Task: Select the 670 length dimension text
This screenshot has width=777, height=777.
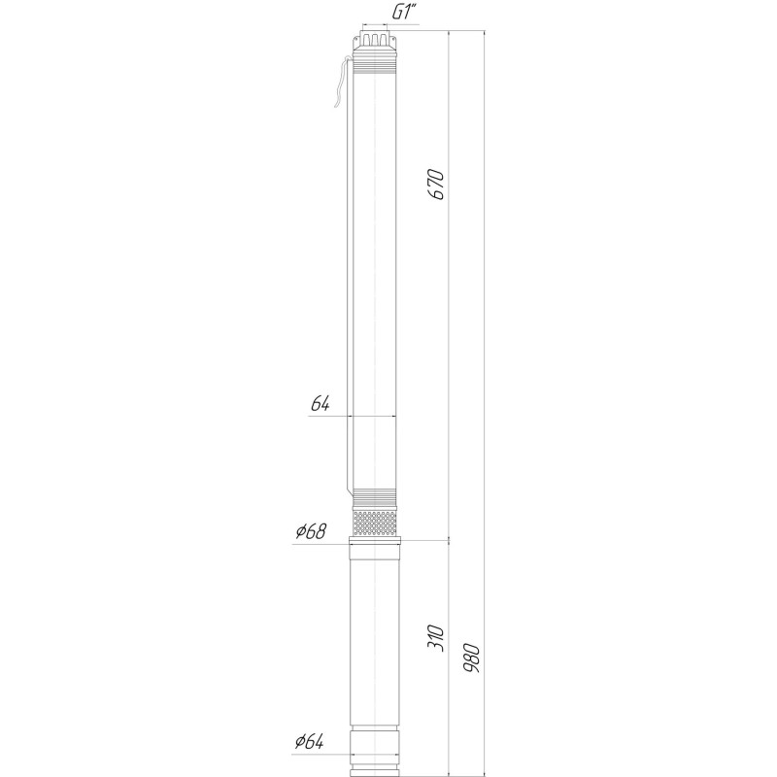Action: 436,184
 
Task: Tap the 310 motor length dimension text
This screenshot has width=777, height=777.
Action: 436,637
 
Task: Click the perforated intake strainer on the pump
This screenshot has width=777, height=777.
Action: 374,524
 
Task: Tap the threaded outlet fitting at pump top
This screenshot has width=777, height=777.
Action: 374,41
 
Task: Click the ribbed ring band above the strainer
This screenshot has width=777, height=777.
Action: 374,494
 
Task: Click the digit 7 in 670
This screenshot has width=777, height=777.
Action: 436,184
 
